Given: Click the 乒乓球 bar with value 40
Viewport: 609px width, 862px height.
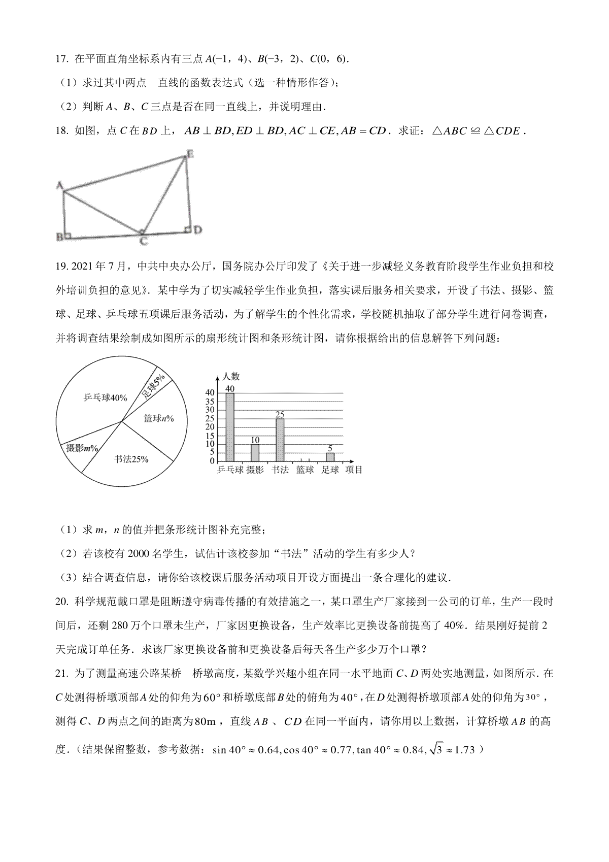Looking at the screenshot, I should tap(230, 427).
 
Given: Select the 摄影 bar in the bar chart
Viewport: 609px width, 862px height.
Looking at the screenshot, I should tap(255, 452).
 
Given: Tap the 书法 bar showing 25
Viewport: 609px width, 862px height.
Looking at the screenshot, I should tap(280, 440).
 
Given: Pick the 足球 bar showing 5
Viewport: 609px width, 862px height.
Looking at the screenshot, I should tap(330, 457).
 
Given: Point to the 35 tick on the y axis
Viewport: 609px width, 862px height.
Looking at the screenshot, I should tap(210, 401).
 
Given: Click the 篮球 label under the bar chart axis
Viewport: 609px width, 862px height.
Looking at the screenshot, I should tap(305, 470).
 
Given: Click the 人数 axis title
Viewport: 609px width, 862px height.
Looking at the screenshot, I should tap(231, 377).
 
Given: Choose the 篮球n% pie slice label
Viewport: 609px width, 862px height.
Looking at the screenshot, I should tap(159, 418).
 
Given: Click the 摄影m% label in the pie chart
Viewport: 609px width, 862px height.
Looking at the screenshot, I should tap(82, 448).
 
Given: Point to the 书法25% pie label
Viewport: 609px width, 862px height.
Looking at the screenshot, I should tap(131, 459).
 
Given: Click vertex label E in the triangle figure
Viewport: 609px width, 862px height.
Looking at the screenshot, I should tap(190, 153).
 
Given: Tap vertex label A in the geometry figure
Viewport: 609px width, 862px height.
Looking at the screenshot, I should tap(59, 186).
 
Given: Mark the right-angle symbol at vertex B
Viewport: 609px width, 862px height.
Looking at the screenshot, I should tap(68, 235).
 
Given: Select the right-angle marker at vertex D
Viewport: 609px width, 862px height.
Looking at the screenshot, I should tap(187, 230).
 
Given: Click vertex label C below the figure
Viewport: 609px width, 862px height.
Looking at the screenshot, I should tap(144, 242).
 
